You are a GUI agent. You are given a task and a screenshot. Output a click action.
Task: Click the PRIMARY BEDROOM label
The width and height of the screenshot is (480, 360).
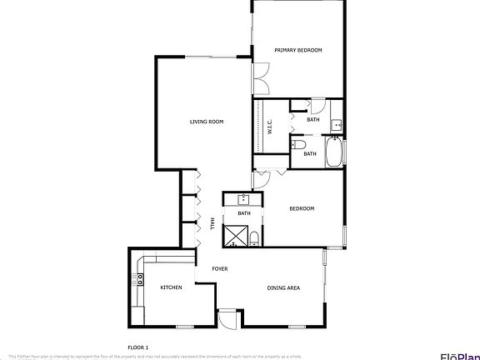[x=298, y=50]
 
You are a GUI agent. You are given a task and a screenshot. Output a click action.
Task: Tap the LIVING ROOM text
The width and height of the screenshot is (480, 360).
[x=207, y=122]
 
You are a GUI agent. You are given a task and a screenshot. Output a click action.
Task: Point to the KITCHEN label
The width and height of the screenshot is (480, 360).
[x=171, y=287]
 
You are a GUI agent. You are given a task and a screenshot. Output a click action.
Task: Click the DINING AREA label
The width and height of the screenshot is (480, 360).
[x=283, y=288]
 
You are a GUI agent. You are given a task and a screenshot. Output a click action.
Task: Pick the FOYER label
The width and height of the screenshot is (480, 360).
[x=220, y=269]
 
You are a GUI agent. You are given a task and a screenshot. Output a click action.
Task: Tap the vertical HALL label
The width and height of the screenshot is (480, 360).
[x=213, y=223]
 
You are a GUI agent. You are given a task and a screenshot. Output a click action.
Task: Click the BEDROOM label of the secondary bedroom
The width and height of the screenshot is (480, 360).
[x=302, y=208]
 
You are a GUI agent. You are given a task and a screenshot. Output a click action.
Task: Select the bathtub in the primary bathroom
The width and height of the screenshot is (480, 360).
[x=334, y=152]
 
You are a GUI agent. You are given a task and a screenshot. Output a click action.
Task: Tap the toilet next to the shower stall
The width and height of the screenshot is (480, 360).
[x=254, y=239]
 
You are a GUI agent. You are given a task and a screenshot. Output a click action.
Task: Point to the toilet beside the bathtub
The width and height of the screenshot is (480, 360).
[x=298, y=143]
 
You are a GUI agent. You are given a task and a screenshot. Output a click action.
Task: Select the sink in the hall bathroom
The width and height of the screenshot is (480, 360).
[x=244, y=199]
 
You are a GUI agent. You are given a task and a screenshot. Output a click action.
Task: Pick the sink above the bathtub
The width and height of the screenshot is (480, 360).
[x=335, y=126]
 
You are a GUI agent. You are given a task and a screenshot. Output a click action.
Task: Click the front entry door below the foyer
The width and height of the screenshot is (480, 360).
[x=227, y=317]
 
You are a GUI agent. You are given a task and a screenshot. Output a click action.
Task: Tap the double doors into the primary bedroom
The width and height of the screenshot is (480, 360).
[x=261, y=82]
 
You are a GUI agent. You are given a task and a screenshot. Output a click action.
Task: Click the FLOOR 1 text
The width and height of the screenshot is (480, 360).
[x=137, y=346]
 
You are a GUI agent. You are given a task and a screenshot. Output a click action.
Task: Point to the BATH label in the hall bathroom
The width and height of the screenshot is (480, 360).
[x=244, y=213]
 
